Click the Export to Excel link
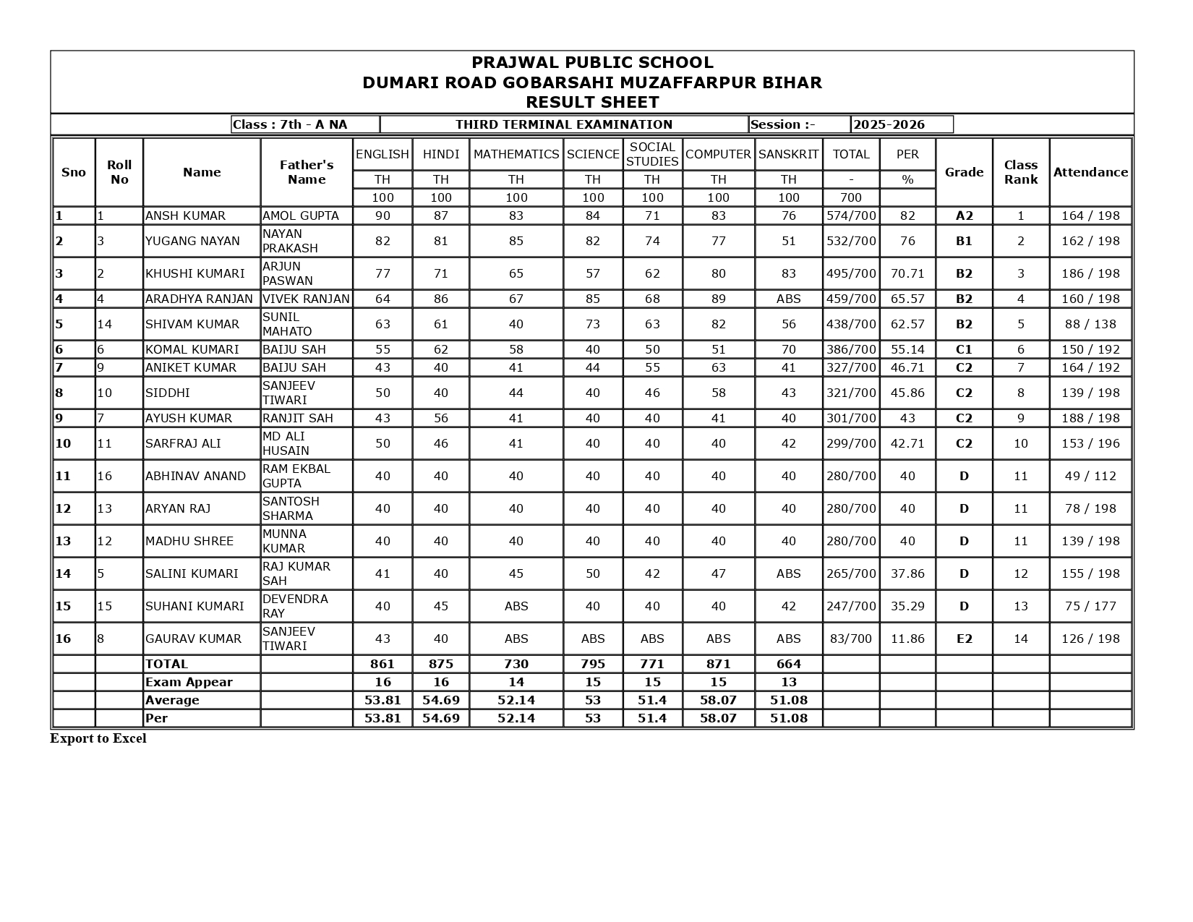click(x=98, y=738)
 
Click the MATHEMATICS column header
click(x=516, y=154)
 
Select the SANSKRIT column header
click(x=788, y=154)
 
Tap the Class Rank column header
click(x=1020, y=172)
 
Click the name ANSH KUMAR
click(x=185, y=215)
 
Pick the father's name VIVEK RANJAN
click(x=306, y=299)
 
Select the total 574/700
click(x=851, y=215)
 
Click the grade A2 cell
click(x=964, y=215)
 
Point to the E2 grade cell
click(x=964, y=639)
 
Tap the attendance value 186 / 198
click(x=1090, y=273)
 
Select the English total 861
click(x=382, y=664)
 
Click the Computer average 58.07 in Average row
click(x=718, y=700)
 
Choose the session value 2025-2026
click(x=889, y=124)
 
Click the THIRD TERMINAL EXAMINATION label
click(x=564, y=124)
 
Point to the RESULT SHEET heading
click(x=592, y=102)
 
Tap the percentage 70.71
click(x=907, y=273)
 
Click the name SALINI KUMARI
click(x=192, y=573)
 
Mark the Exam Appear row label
click(x=189, y=682)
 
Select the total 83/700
click(x=851, y=639)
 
